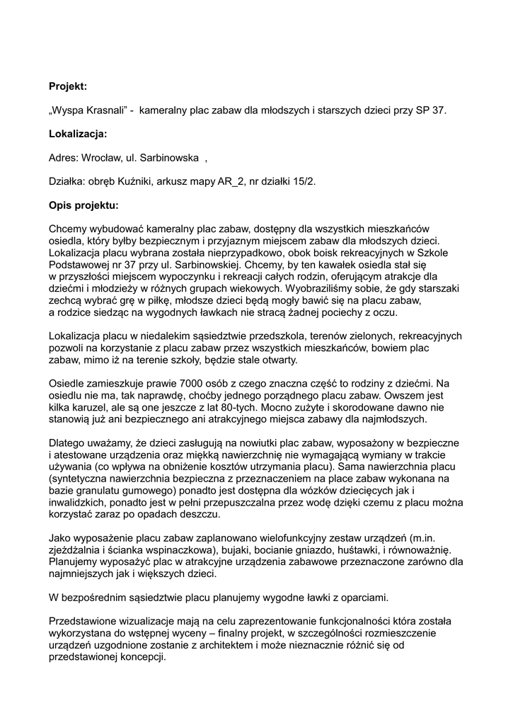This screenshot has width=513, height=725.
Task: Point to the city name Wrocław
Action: coord(102,157)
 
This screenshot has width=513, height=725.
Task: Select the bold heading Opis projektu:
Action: coord(84,205)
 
